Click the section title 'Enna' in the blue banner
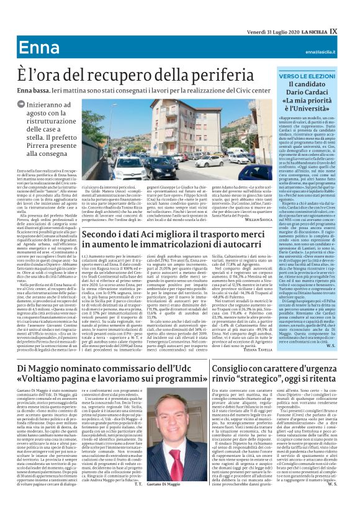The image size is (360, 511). pos(38,48)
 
